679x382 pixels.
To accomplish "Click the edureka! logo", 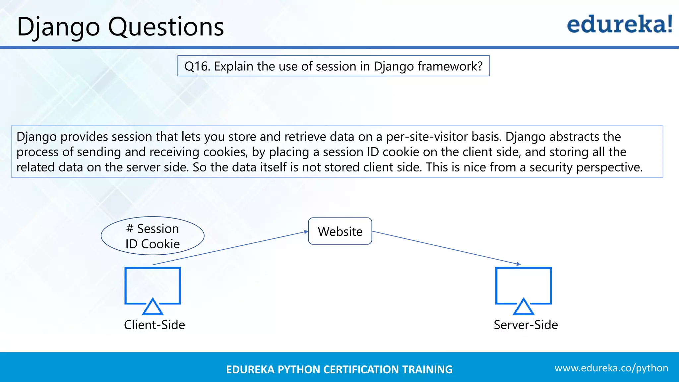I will pyautogui.click(x=619, y=25).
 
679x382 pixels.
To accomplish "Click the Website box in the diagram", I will pyautogui.click(x=340, y=231).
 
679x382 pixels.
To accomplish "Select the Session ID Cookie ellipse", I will pyautogui.click(x=153, y=236).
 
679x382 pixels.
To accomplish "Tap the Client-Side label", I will pyautogui.click(x=154, y=325).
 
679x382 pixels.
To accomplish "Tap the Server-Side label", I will pyautogui.click(x=525, y=325).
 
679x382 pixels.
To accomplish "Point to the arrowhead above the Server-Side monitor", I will pyautogui.click(x=519, y=264).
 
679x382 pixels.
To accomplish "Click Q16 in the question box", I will pyautogui.click(x=197, y=66).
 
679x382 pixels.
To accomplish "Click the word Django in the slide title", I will pyautogui.click(x=58, y=27).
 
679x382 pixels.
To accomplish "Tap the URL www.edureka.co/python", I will pyautogui.click(x=611, y=368).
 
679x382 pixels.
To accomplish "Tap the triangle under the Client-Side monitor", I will pyautogui.click(x=153, y=307).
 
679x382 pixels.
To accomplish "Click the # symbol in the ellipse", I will pyautogui.click(x=130, y=228).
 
